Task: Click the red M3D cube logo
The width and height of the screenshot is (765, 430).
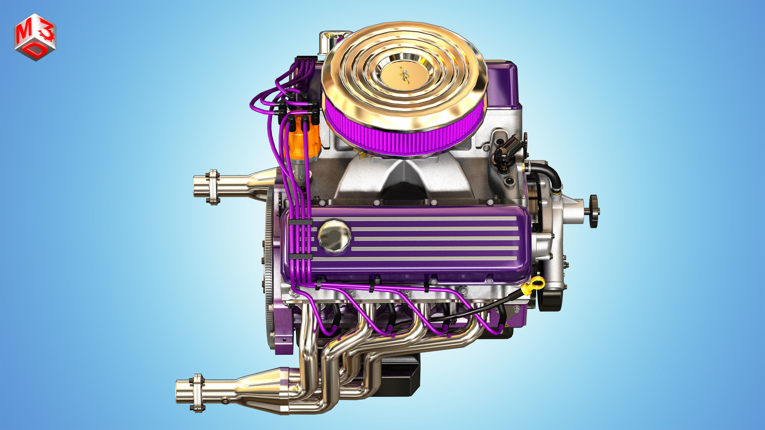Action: pos(35,37)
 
